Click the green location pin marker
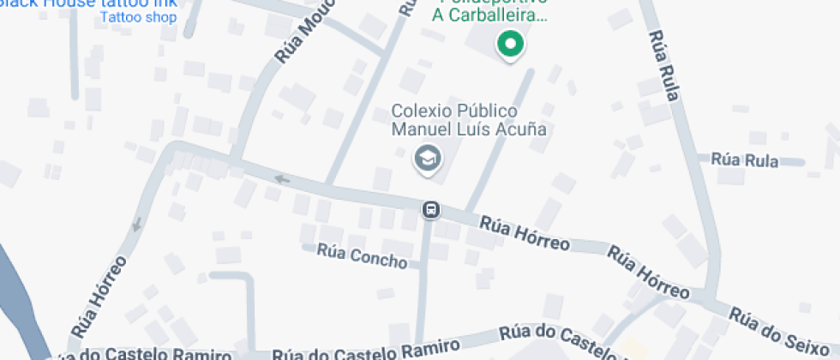511,45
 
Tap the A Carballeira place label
489,15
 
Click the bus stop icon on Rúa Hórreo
431,209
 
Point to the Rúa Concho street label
362,255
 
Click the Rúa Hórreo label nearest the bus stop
525,232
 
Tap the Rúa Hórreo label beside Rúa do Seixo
648,273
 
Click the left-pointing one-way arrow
282,179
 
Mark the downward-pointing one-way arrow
135,226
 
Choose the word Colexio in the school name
420,111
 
